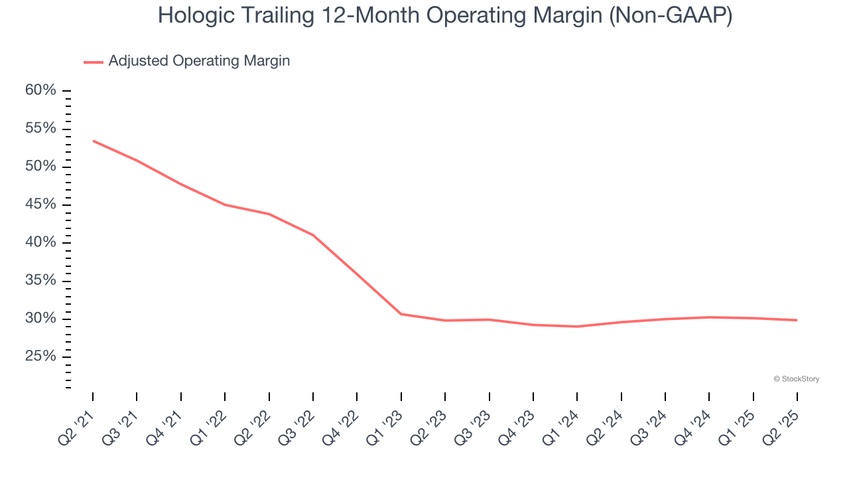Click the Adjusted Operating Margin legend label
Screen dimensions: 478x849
[199, 61]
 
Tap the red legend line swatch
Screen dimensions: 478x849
[94, 62]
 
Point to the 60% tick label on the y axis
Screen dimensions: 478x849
[40, 90]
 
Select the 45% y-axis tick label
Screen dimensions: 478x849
[40, 204]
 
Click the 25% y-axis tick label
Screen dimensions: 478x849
[40, 357]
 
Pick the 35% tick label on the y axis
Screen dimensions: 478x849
[40, 281]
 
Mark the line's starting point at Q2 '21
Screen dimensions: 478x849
[93, 141]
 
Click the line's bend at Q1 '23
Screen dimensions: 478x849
[401, 314]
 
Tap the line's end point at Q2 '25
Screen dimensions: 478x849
[797, 320]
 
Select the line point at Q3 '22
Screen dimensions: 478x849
[312, 235]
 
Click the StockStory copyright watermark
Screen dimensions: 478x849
[796, 379]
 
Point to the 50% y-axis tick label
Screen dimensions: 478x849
[40, 167]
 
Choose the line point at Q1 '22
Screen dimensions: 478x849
[225, 204]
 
